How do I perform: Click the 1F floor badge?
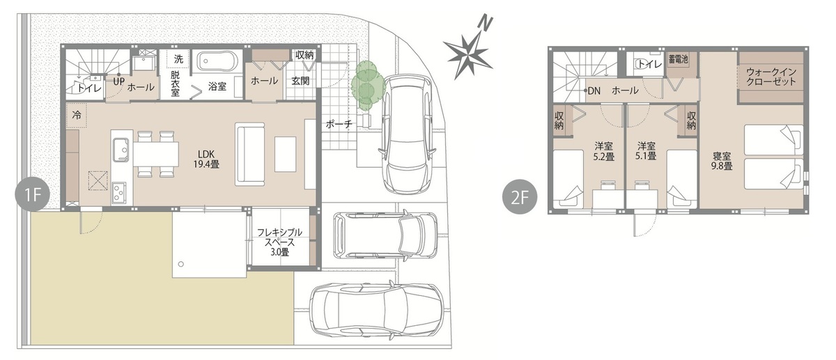pos(33,195)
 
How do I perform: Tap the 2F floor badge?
pos(520,197)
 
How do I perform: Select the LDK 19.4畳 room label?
pos(206,159)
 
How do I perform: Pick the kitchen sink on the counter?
pos(121,150)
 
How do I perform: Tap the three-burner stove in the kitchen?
pos(119,192)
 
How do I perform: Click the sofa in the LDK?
pos(249,154)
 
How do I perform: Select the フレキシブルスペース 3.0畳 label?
pos(279,242)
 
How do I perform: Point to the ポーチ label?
pos(339,124)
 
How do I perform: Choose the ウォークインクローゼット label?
pos(771,77)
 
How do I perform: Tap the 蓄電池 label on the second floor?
pos(678,59)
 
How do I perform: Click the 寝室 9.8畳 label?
pos(722,161)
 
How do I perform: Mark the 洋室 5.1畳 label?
pos(646,151)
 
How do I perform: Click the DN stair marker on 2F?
pos(592,91)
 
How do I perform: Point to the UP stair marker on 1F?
pos(118,81)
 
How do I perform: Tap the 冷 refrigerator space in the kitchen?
pos(77,116)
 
